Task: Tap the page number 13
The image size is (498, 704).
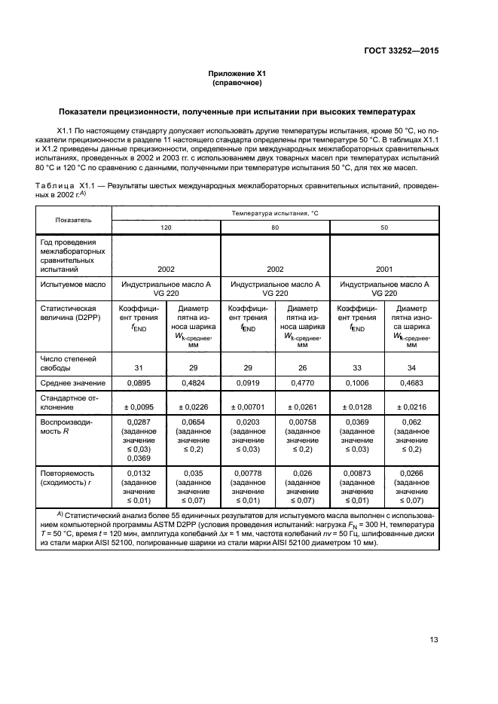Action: click(x=434, y=640)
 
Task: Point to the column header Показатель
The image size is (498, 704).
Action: click(x=73, y=220)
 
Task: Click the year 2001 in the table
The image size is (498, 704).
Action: click(x=385, y=268)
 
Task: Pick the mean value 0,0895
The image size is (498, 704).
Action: click(x=139, y=383)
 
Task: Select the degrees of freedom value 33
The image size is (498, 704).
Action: click(x=358, y=367)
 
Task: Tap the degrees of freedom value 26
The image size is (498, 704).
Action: click(x=302, y=367)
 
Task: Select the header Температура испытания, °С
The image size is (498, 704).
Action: click(x=275, y=214)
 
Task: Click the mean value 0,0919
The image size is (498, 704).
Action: click(x=248, y=383)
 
